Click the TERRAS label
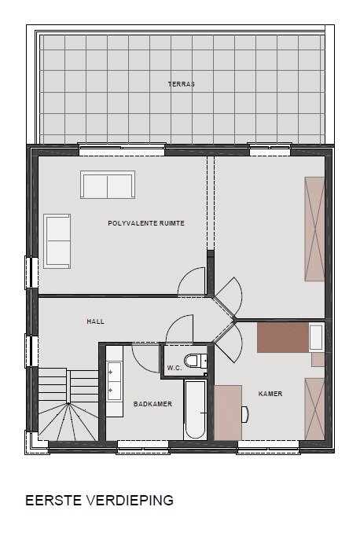coord(182,84)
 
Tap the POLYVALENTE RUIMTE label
coord(146,223)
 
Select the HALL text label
coord(95,321)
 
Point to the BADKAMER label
coord(152,404)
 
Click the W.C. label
coord(174,368)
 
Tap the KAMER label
coord(270,394)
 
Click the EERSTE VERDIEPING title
coord(99,500)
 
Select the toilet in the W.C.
coord(195,361)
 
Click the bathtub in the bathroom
coord(195,409)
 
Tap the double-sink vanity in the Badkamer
coord(114,381)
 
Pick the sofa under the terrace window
coord(108,185)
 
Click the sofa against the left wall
coord(57,241)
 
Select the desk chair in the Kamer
coord(245,414)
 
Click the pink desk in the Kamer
coord(228,413)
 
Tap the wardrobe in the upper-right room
coord(314,229)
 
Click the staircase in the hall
coord(68,405)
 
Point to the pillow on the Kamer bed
coord(316,338)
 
